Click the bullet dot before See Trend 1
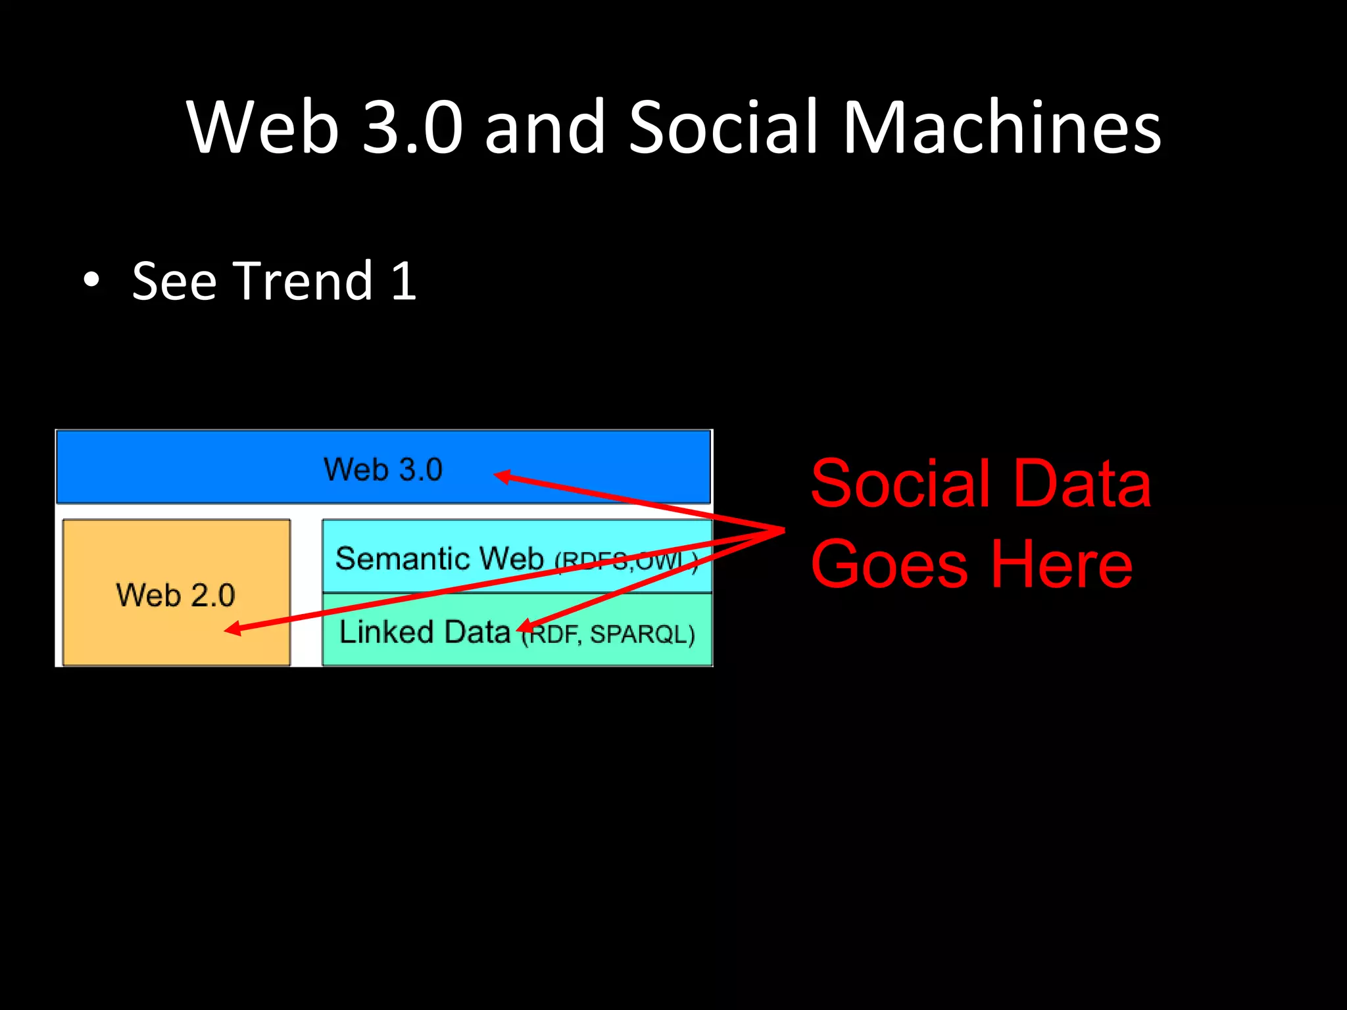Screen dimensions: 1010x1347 tap(92, 281)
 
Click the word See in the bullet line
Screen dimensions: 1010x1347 tap(174, 281)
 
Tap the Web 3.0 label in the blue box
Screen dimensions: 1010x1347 tap(383, 469)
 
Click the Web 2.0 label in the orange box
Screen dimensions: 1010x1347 tap(176, 595)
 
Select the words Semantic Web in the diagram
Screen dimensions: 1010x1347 tap(439, 558)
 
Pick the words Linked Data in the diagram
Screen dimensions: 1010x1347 tap(425, 632)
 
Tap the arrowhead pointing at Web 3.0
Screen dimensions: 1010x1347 tap(501, 476)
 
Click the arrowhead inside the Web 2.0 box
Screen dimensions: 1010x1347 tap(232, 629)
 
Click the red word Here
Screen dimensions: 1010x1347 tap(1061, 564)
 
